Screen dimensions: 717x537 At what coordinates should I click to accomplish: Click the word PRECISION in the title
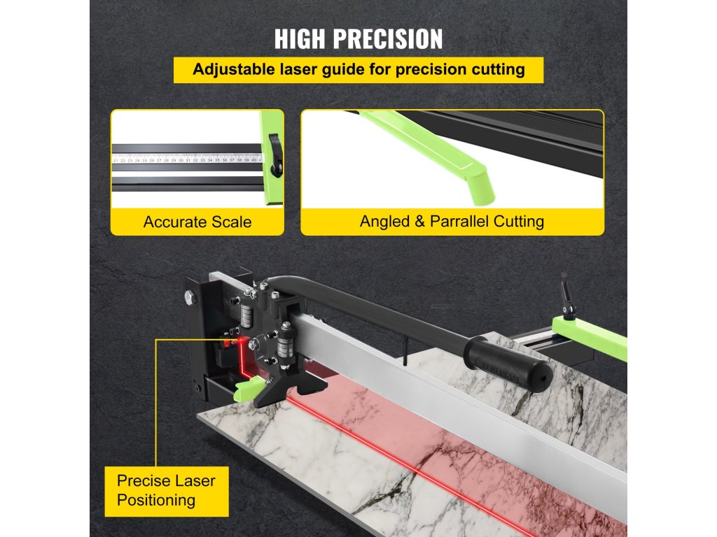389,39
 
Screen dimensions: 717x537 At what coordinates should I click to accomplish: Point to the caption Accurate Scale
197,222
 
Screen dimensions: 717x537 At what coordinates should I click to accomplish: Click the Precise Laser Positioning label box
166,490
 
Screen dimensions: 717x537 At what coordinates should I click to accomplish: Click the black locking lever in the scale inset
274,150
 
